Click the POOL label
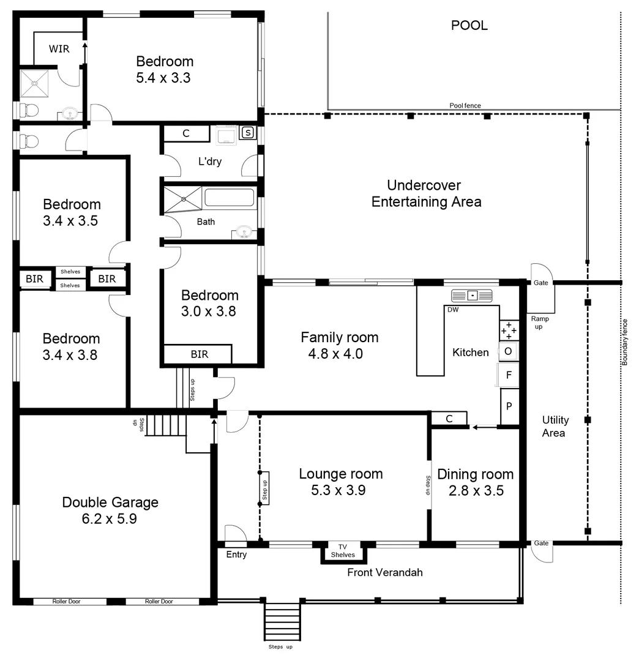click(x=469, y=26)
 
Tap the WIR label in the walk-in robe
click(x=59, y=49)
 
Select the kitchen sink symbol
click(x=471, y=296)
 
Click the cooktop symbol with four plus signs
click(x=509, y=330)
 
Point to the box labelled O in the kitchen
click(x=509, y=351)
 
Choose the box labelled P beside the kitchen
click(x=509, y=406)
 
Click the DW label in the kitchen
click(x=453, y=310)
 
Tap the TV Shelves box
click(x=343, y=551)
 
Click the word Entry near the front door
click(x=237, y=555)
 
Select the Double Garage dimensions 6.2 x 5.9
click(x=110, y=519)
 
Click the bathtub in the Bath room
click(x=229, y=198)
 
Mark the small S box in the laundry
click(x=248, y=132)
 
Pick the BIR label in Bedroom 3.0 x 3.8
click(x=199, y=354)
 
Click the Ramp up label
click(x=540, y=323)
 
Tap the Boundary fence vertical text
click(x=625, y=342)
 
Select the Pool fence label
click(x=465, y=106)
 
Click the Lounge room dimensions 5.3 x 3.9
click(x=341, y=490)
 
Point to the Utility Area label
click(x=555, y=426)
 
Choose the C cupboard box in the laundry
click(x=186, y=133)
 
